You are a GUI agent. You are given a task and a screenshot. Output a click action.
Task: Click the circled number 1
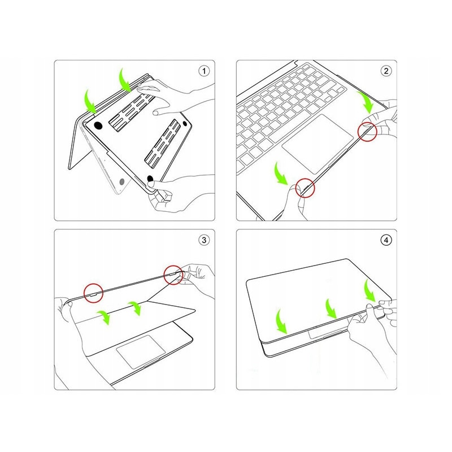tap(204, 71)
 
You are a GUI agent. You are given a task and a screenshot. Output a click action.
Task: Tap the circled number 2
tap(386, 71)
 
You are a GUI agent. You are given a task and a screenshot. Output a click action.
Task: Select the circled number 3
tap(204, 240)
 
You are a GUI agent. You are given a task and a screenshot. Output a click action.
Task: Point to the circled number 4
tap(386, 240)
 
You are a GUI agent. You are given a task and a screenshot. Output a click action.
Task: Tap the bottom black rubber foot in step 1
tap(151, 180)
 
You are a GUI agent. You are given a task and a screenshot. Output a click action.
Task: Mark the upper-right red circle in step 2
tap(368, 132)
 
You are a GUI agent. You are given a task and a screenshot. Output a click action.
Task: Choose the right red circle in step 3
tap(173, 276)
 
